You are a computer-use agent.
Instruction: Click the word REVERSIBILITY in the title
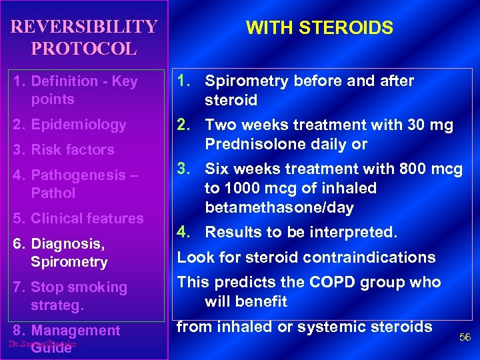pyautogui.click(x=85, y=27)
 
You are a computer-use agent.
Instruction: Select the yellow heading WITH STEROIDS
pyautogui.click(x=319, y=28)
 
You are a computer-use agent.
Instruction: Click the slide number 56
pyautogui.click(x=465, y=338)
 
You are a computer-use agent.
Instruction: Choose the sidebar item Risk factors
pyautogui.click(x=72, y=150)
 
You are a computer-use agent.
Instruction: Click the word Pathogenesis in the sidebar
pyautogui.click(x=73, y=175)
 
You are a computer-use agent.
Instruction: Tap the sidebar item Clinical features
pyautogui.click(x=87, y=219)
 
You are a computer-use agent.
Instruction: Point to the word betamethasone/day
pyautogui.click(x=279, y=207)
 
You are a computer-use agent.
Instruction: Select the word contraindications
pyautogui.click(x=370, y=258)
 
